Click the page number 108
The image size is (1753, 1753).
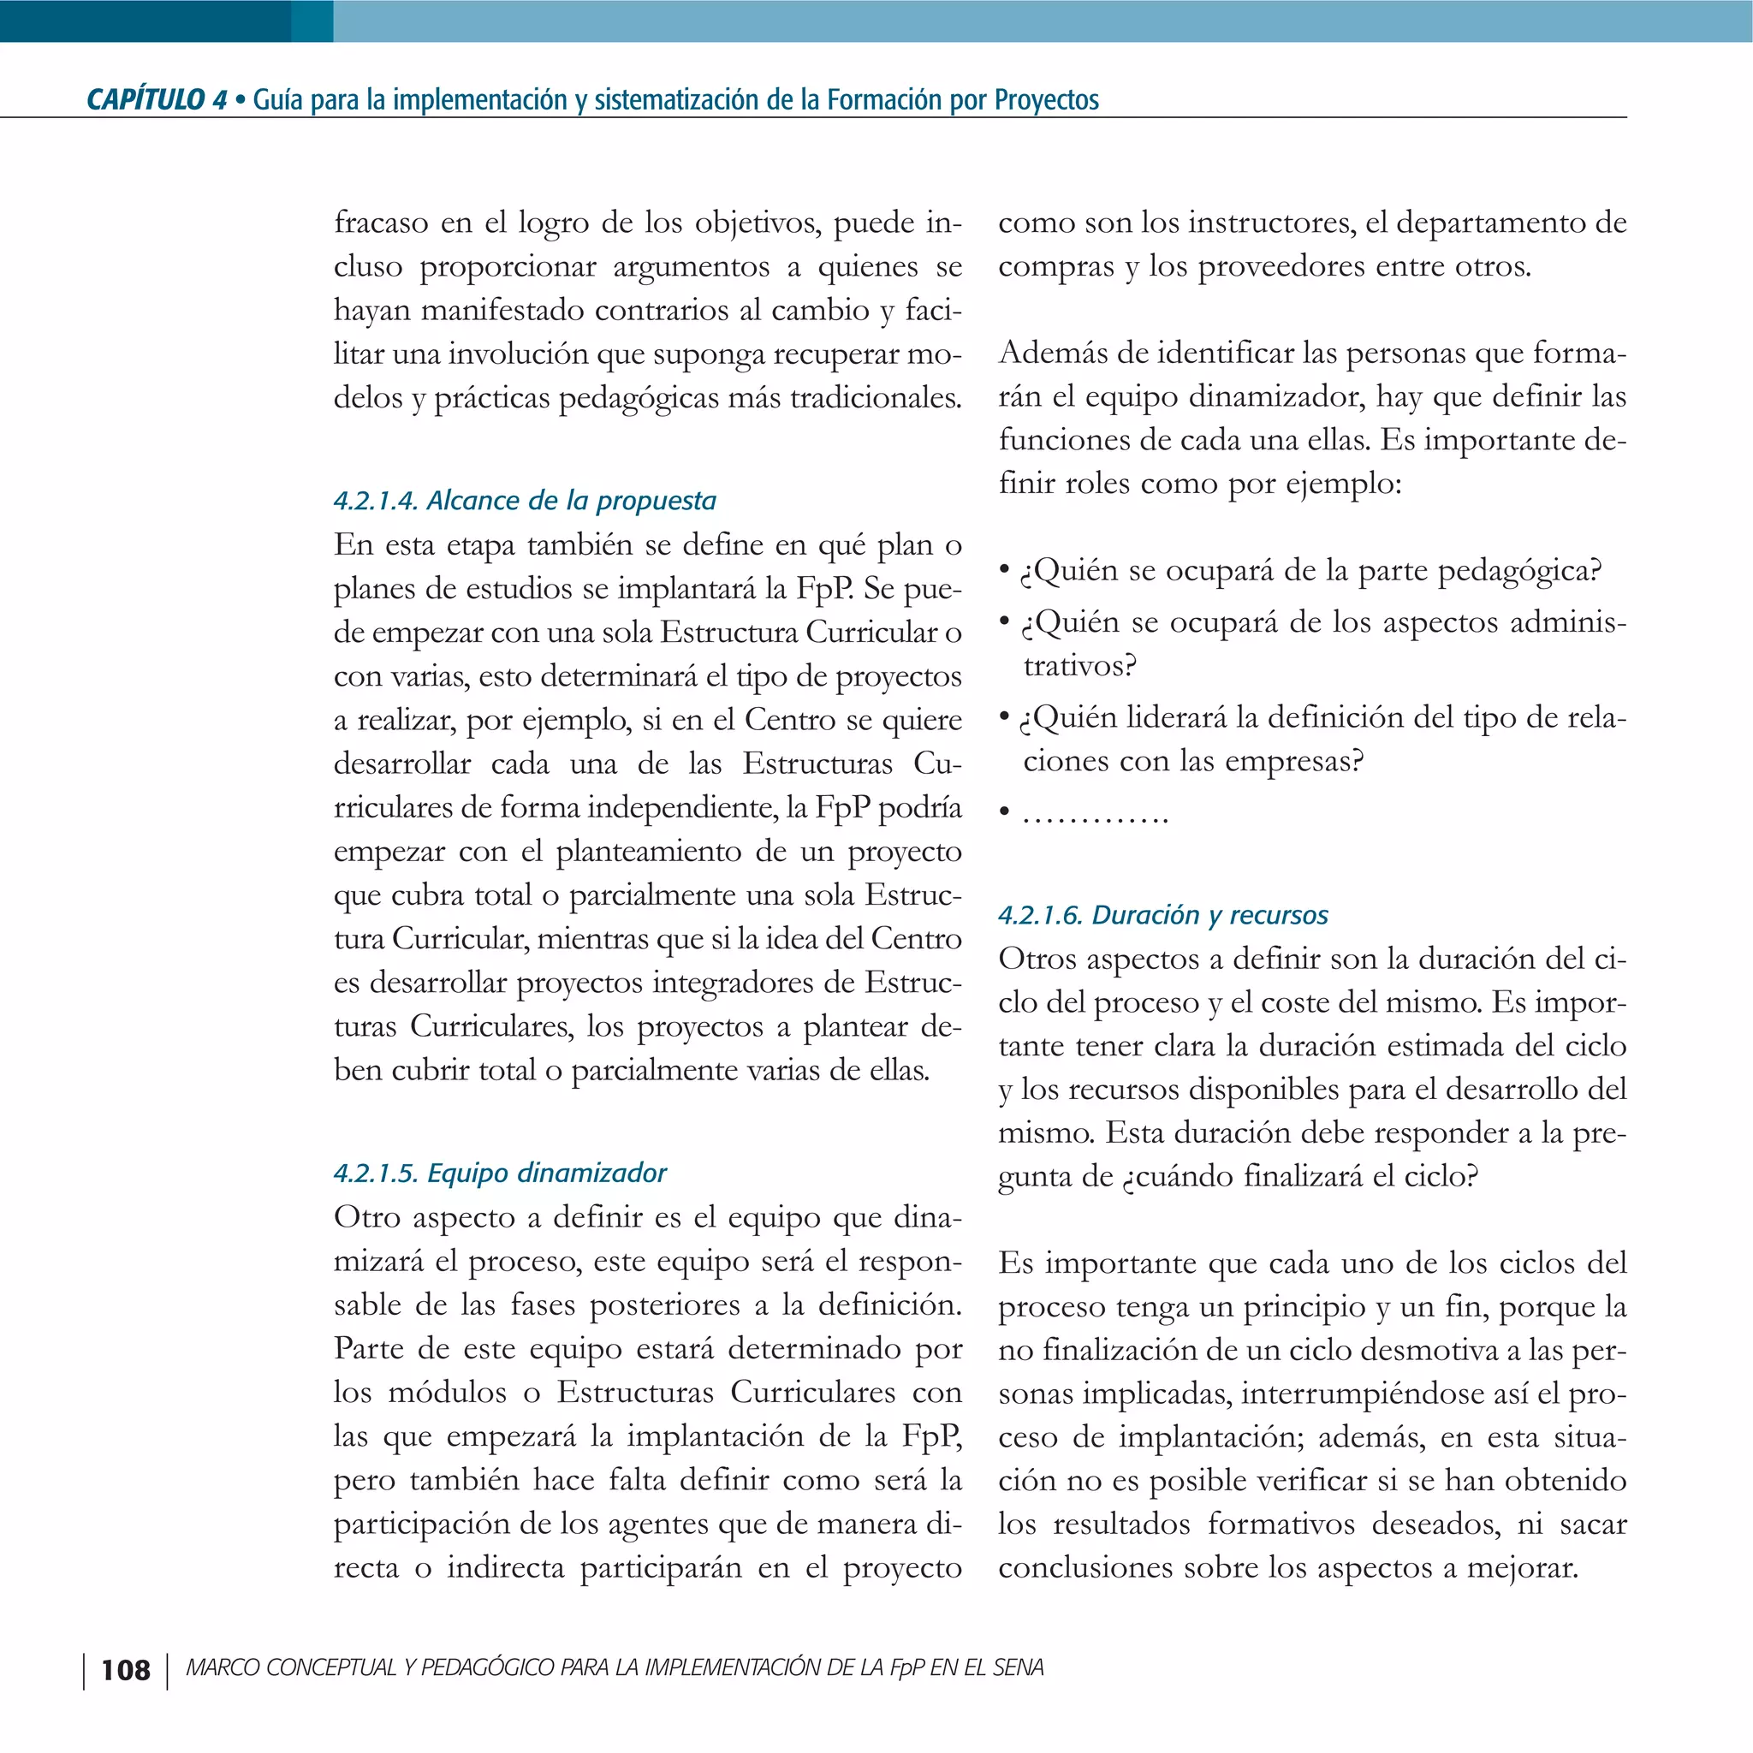pyautogui.click(x=125, y=1671)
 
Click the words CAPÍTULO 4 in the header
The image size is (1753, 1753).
pyautogui.click(x=156, y=100)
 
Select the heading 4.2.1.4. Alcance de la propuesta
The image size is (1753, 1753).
pyautogui.click(x=525, y=500)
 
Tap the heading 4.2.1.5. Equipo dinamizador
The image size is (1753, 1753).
pyautogui.click(x=500, y=1173)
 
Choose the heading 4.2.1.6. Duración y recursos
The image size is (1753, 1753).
pyautogui.click(x=1162, y=915)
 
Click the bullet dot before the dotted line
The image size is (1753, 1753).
pyautogui.click(x=1003, y=813)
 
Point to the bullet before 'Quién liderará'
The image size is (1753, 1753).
pyautogui.click(x=1003, y=716)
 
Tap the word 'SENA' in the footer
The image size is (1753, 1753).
pyautogui.click(x=1018, y=1667)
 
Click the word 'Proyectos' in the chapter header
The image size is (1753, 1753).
pyautogui.click(x=1046, y=100)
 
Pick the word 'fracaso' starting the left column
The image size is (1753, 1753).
pyautogui.click(x=381, y=223)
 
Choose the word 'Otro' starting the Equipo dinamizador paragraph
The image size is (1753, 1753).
pyautogui.click(x=366, y=1217)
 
